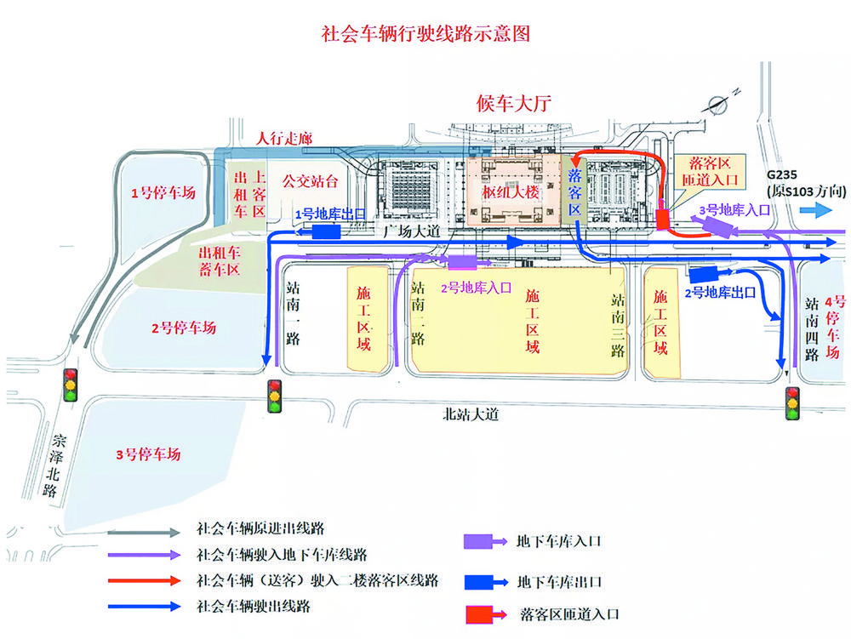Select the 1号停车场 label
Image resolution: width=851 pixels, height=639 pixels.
click(x=163, y=193)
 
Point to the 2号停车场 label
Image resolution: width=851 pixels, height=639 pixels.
click(x=184, y=328)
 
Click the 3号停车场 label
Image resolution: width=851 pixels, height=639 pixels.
click(x=149, y=454)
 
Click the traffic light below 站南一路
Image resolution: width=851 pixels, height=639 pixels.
click(x=275, y=395)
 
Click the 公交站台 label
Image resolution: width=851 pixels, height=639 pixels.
click(x=311, y=180)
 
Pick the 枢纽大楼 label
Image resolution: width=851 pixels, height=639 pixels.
click(x=511, y=192)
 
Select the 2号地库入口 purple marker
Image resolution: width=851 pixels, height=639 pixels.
click(x=462, y=262)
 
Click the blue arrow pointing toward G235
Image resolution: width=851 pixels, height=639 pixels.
click(x=814, y=212)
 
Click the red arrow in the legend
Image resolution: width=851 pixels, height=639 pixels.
click(x=146, y=581)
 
